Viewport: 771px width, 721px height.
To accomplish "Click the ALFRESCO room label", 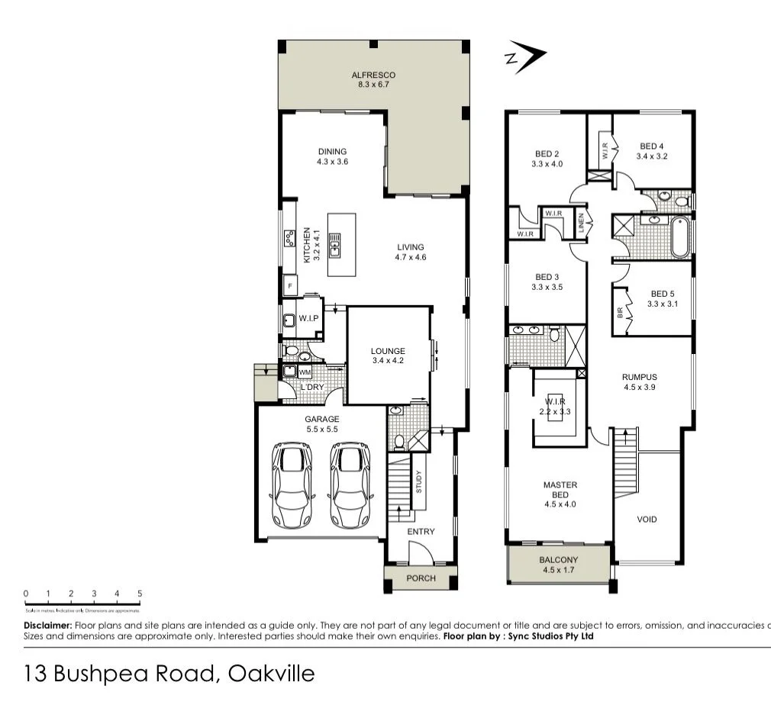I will coord(373,75).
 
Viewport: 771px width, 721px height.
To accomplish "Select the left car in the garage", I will coord(292,486).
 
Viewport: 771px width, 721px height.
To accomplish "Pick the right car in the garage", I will coord(350,486).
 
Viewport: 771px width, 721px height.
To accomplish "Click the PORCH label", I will coord(421,578).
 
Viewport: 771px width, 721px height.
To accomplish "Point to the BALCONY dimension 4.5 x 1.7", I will coord(560,569).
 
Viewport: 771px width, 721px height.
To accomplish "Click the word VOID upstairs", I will coord(647,520).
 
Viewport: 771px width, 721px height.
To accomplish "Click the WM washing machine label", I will coord(305,372).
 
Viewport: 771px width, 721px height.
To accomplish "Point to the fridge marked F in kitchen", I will coord(289,286).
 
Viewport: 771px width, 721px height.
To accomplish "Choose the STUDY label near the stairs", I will coord(419,481).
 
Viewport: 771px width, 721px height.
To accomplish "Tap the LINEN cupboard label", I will coord(581,224).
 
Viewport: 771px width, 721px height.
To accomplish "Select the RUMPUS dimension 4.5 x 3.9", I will coord(639,387).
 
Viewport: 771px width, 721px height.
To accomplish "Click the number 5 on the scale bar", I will coord(140,593).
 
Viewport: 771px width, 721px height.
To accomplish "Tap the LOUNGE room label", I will coord(388,351).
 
